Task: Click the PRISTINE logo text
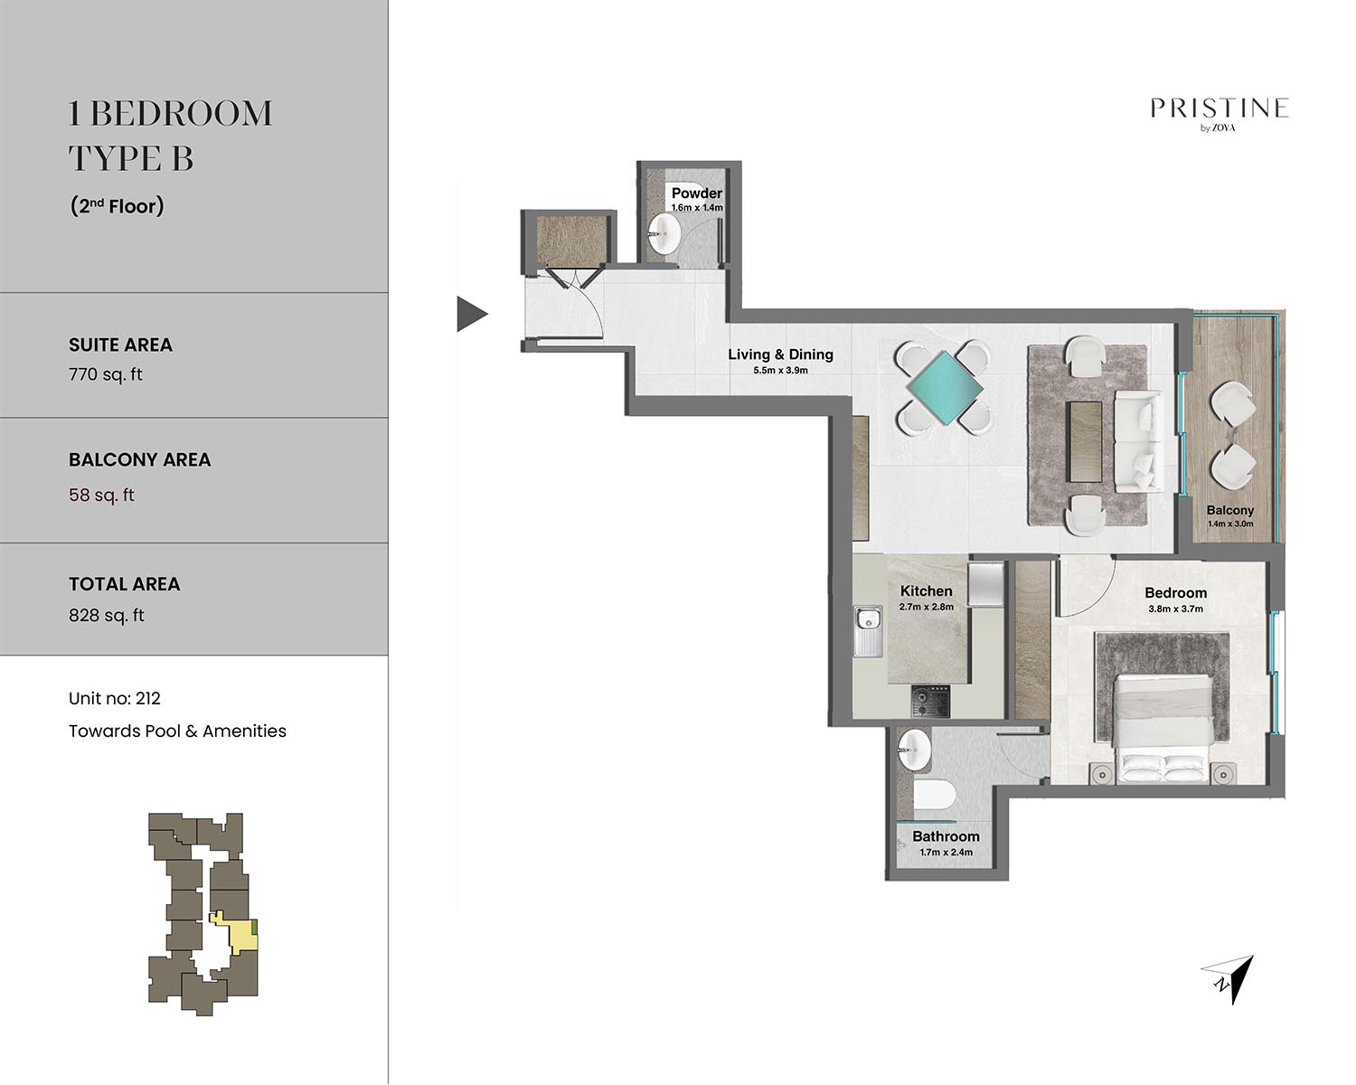click(1219, 108)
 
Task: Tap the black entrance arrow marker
click(471, 314)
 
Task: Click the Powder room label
click(696, 193)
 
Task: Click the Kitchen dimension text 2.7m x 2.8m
click(926, 607)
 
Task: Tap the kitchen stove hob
click(930, 702)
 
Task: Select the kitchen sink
click(868, 631)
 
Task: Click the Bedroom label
click(1176, 592)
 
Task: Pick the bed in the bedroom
click(1163, 730)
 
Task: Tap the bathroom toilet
click(935, 796)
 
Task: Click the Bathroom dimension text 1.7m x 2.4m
click(946, 852)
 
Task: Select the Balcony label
click(1230, 510)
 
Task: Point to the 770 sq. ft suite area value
click(105, 374)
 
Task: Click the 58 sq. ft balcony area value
click(101, 495)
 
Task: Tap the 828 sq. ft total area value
click(107, 616)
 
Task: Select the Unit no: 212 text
click(115, 698)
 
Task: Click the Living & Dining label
click(780, 354)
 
